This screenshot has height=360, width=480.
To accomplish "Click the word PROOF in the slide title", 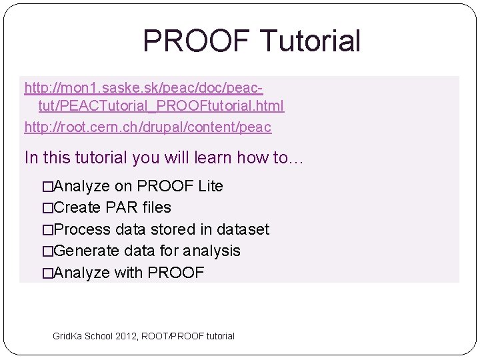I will tap(197, 41).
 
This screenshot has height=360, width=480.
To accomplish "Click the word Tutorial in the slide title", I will tap(311, 41).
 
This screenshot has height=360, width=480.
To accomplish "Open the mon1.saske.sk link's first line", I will tap(143, 87).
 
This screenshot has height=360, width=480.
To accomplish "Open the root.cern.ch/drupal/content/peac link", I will tap(147, 127).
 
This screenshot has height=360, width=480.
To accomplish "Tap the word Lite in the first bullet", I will tap(211, 186).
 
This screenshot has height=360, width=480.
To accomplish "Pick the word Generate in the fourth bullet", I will tap(83, 251).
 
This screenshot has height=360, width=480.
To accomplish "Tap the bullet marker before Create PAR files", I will tap(47, 208).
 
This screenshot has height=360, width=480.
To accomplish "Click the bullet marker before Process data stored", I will tap(47, 230).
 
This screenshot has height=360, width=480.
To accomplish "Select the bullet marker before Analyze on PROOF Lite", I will tap(47, 187).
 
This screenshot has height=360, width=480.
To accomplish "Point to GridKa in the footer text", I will tap(67, 336).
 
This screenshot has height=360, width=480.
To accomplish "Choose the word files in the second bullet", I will tap(157, 207).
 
